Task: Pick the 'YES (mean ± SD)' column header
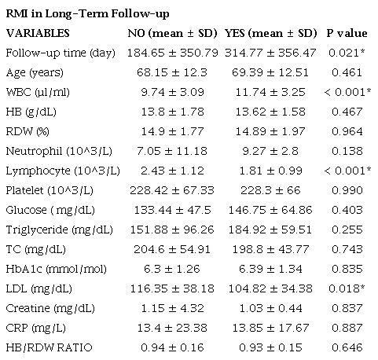pyautogui.click(x=270, y=33)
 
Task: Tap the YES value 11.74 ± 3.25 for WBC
pyautogui.click(x=270, y=92)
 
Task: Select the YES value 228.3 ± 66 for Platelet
pyautogui.click(x=270, y=189)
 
